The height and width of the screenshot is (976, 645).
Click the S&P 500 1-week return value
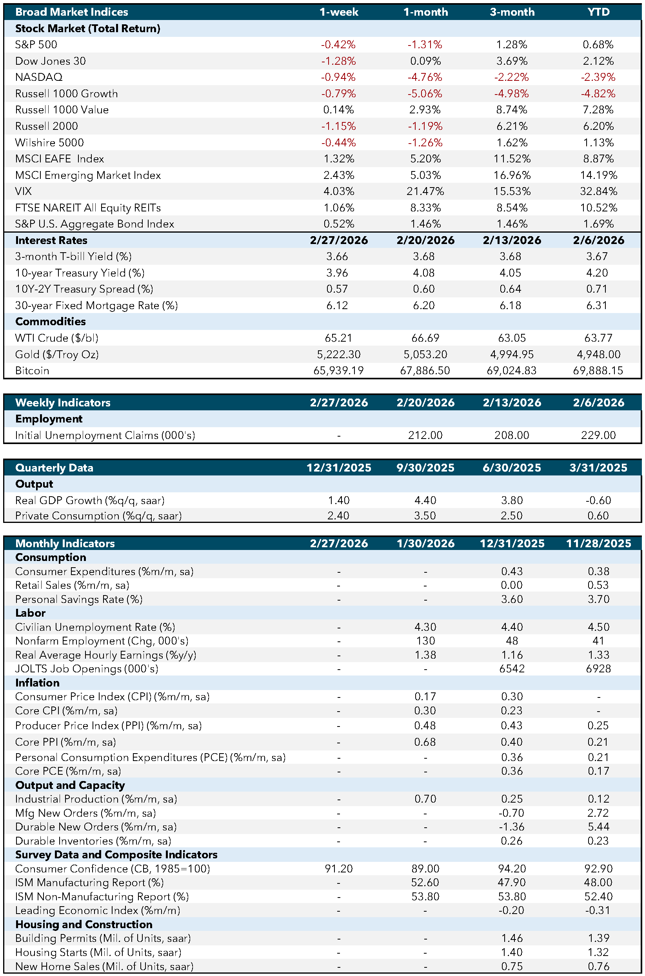[338, 44]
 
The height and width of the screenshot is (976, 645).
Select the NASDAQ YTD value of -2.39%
[598, 77]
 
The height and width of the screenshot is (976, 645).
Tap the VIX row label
[24, 191]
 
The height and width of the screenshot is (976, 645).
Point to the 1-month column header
[425, 12]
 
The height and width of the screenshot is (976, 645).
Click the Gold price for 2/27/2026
[338, 354]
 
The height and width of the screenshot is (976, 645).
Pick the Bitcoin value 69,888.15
[598, 370]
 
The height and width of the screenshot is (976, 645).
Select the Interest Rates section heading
[51, 240]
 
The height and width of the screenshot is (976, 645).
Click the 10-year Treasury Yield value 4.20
[597, 273]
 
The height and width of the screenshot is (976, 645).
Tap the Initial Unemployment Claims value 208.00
[512, 435]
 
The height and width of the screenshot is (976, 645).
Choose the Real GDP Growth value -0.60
[598, 500]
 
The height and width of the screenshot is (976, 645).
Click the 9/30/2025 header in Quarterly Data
[425, 468]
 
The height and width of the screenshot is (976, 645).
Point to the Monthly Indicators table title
[65, 544]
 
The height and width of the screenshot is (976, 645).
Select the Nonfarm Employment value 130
[425, 641]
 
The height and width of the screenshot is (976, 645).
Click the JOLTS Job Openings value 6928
[598, 668]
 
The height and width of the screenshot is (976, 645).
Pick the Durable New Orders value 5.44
[598, 827]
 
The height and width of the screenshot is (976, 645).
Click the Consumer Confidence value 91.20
[338, 869]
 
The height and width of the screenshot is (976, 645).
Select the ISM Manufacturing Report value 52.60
[425, 882]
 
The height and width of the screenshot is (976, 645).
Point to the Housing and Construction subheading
[84, 924]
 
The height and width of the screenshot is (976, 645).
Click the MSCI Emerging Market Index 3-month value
[512, 175]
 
